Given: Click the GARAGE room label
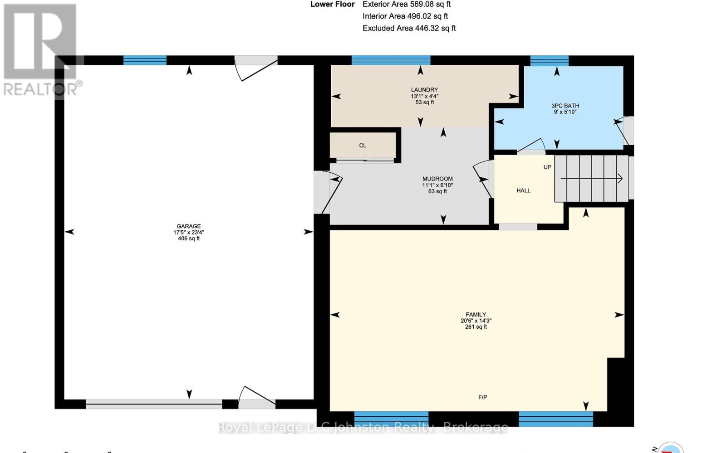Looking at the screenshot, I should click(x=189, y=226).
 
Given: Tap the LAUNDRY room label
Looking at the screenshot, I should click(x=424, y=90).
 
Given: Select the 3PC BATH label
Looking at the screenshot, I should click(x=565, y=106).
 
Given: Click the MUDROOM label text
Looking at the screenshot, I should click(x=437, y=179).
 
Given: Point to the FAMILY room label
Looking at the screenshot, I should click(x=476, y=314).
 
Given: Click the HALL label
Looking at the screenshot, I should click(x=523, y=190).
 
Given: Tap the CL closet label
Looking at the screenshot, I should click(x=363, y=146).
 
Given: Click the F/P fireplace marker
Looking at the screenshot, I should click(x=482, y=397).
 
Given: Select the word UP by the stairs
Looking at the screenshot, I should click(x=547, y=167).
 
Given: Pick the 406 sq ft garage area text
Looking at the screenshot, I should click(x=189, y=239).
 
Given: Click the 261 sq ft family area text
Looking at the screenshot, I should click(x=476, y=326).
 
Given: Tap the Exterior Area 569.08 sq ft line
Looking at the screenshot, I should click(x=406, y=5).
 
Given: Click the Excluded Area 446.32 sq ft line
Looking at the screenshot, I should click(x=409, y=28).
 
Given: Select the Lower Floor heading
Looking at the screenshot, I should click(x=332, y=5).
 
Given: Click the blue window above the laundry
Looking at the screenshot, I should click(x=391, y=60).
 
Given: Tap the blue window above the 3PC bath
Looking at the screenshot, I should click(x=549, y=60).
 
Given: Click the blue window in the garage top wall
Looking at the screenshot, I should click(x=145, y=60).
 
